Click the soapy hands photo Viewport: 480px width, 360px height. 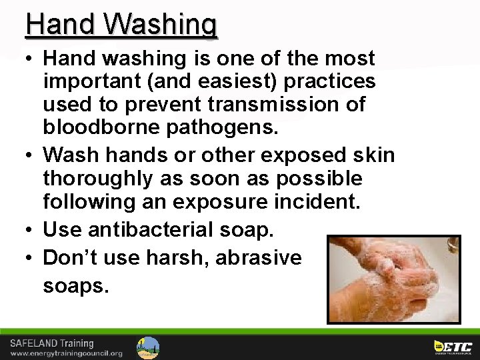pos(393,278)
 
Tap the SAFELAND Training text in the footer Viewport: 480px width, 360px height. pos(51,343)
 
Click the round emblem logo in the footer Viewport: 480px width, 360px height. pos(148,347)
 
